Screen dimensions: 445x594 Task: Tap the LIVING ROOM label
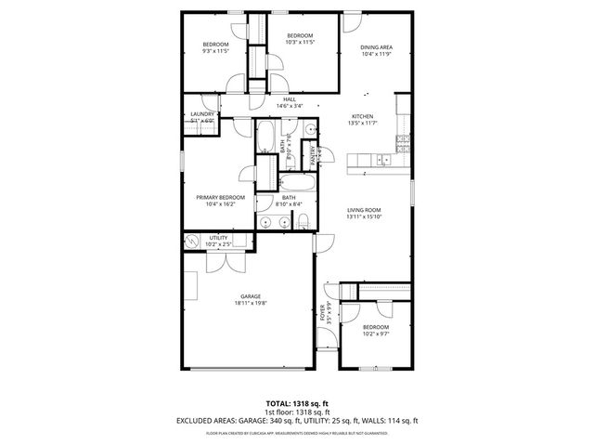click(365, 211)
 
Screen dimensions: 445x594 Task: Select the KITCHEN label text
click(362, 116)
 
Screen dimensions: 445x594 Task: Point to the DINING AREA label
click(376, 46)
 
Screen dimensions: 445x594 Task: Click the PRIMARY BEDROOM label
click(220, 197)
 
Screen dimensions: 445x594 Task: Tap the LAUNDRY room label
click(201, 114)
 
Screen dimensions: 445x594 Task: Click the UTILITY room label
click(218, 239)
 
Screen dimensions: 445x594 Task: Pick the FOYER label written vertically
click(323, 312)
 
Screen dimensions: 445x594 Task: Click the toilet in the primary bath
click(303, 220)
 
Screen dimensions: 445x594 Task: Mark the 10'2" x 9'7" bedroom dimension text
click(375, 334)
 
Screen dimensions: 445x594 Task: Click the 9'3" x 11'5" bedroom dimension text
click(215, 51)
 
